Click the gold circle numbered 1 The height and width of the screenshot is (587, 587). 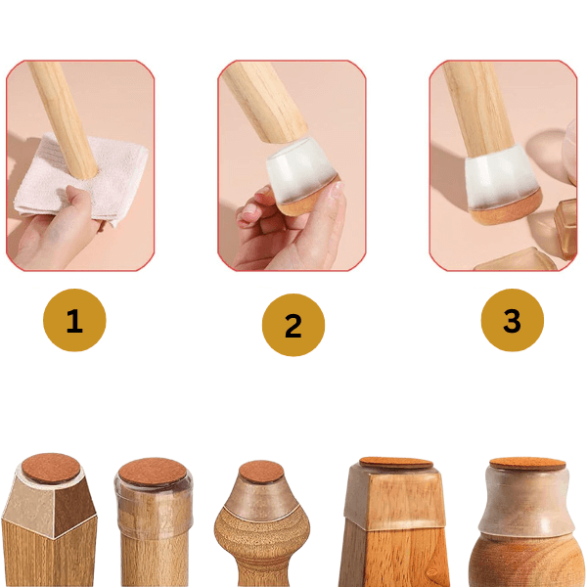click(x=74, y=320)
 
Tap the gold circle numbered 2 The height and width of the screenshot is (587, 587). click(x=293, y=325)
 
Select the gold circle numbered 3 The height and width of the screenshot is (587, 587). click(x=512, y=320)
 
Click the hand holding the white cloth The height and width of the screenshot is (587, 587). click(x=56, y=232)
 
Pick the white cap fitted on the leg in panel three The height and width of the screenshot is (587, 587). click(x=501, y=176)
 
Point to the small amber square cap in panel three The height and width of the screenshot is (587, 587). click(x=566, y=228)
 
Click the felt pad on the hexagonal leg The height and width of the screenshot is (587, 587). click(x=51, y=468)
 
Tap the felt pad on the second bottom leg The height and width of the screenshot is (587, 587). click(x=153, y=473)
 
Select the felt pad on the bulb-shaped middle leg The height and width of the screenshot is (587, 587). click(x=261, y=472)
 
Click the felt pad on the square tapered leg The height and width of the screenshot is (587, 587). click(x=396, y=463)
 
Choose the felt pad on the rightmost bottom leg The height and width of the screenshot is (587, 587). click(x=527, y=464)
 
